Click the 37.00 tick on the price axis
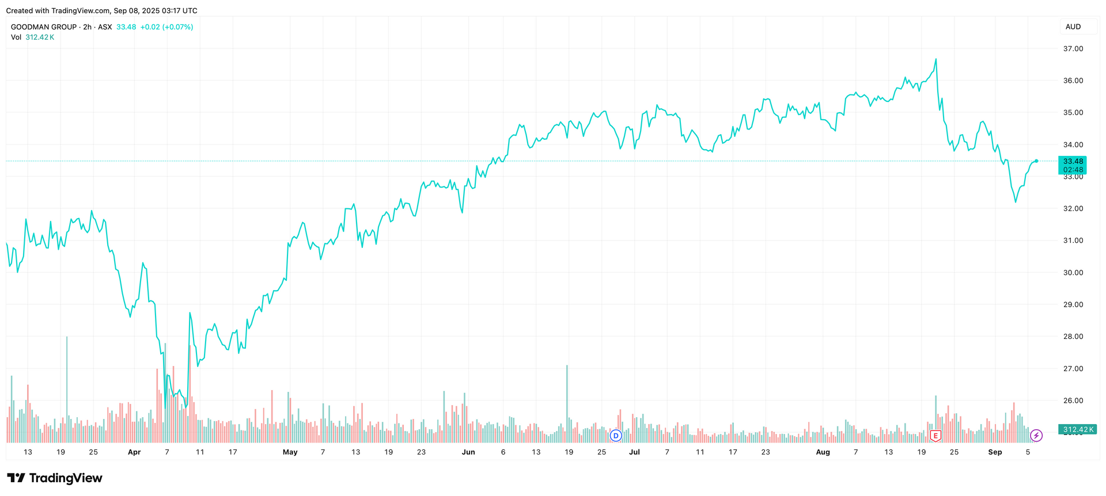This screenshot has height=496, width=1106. (1073, 49)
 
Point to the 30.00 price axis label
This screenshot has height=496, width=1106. (1073, 273)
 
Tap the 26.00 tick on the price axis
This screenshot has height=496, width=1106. (1073, 400)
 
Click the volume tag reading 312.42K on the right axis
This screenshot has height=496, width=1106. (1077, 430)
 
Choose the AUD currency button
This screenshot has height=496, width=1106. (1073, 27)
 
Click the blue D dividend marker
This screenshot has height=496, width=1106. (616, 436)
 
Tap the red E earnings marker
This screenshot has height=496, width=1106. (935, 436)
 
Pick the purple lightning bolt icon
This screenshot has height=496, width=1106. (1036, 436)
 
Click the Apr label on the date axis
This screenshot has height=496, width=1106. (134, 452)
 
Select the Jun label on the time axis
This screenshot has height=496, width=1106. (468, 452)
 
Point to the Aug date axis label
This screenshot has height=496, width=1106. (823, 452)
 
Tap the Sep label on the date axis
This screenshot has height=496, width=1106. (995, 452)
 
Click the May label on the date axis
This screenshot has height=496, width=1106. (290, 452)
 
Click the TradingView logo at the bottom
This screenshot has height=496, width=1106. (55, 478)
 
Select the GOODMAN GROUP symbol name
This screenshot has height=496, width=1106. (44, 27)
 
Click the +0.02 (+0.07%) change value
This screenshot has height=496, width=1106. (166, 27)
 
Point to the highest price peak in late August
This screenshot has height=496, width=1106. (935, 59)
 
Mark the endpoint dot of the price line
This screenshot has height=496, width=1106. (1036, 161)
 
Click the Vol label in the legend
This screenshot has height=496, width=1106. (16, 37)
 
